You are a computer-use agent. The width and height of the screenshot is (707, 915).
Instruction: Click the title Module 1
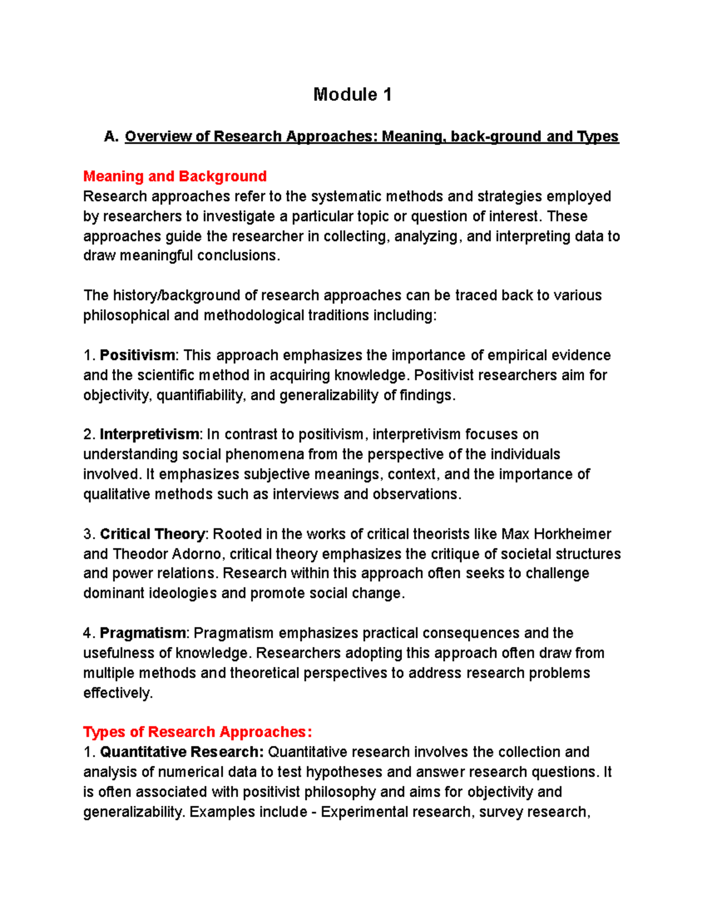(352, 94)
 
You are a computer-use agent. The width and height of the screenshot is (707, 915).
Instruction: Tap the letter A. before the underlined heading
(111, 137)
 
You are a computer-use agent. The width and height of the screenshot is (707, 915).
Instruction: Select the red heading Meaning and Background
(175, 176)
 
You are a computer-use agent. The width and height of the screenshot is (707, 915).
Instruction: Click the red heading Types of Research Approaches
(197, 732)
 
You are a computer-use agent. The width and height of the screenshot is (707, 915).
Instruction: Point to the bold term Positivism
(137, 355)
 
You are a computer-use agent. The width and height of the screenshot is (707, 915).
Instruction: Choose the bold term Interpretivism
(150, 434)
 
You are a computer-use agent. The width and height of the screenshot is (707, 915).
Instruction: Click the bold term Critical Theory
(152, 534)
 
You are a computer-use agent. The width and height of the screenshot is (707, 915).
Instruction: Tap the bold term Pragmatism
(143, 633)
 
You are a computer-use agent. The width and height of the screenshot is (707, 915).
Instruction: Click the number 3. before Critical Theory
(89, 534)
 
